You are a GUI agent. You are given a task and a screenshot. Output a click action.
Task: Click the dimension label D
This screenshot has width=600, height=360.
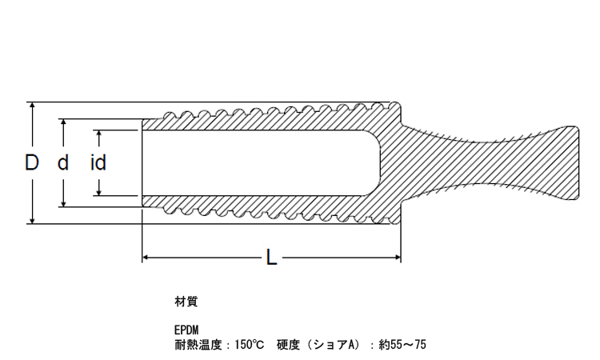[x=31, y=163]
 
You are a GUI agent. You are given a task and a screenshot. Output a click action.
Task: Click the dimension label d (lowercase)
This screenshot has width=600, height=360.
[x=63, y=163]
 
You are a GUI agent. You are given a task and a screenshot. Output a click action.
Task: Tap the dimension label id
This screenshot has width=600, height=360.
[x=98, y=163]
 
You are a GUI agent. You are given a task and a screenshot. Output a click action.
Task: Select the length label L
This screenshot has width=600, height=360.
[x=271, y=258]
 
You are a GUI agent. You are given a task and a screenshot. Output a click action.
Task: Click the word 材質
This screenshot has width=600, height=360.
[x=186, y=302]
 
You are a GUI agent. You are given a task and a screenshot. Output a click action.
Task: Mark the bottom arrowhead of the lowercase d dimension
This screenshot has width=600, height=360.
[x=63, y=202]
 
